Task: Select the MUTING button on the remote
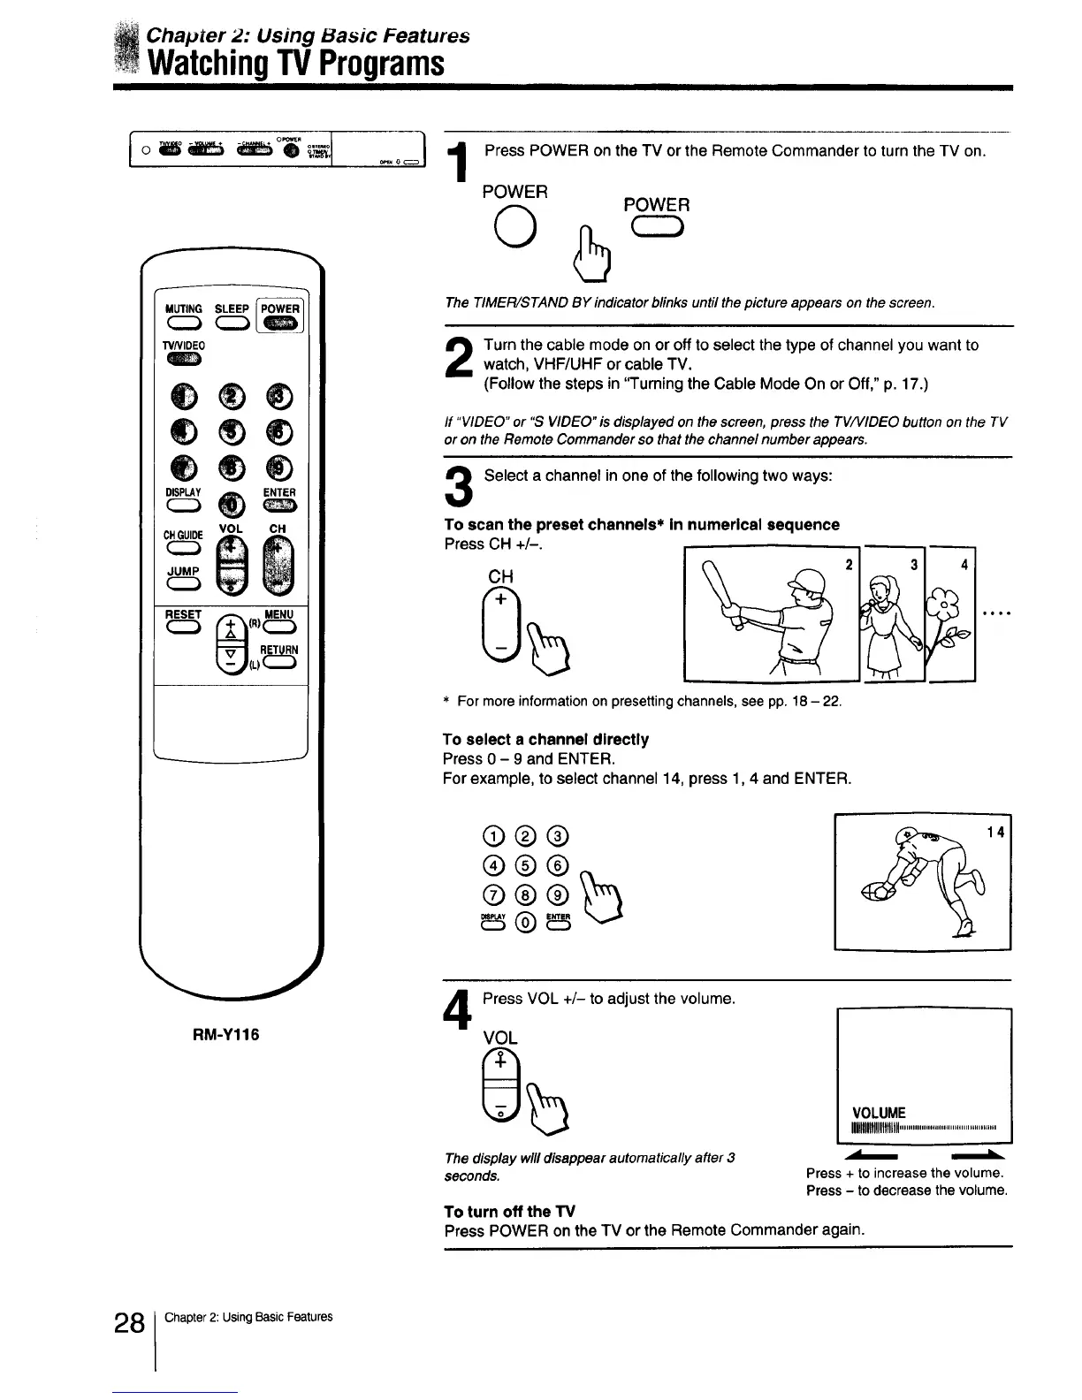tap(183, 325)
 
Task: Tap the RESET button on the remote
tap(184, 628)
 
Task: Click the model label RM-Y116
tap(226, 1034)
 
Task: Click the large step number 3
tap(460, 487)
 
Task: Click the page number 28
tap(129, 1324)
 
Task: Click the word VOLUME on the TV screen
tap(879, 1112)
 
